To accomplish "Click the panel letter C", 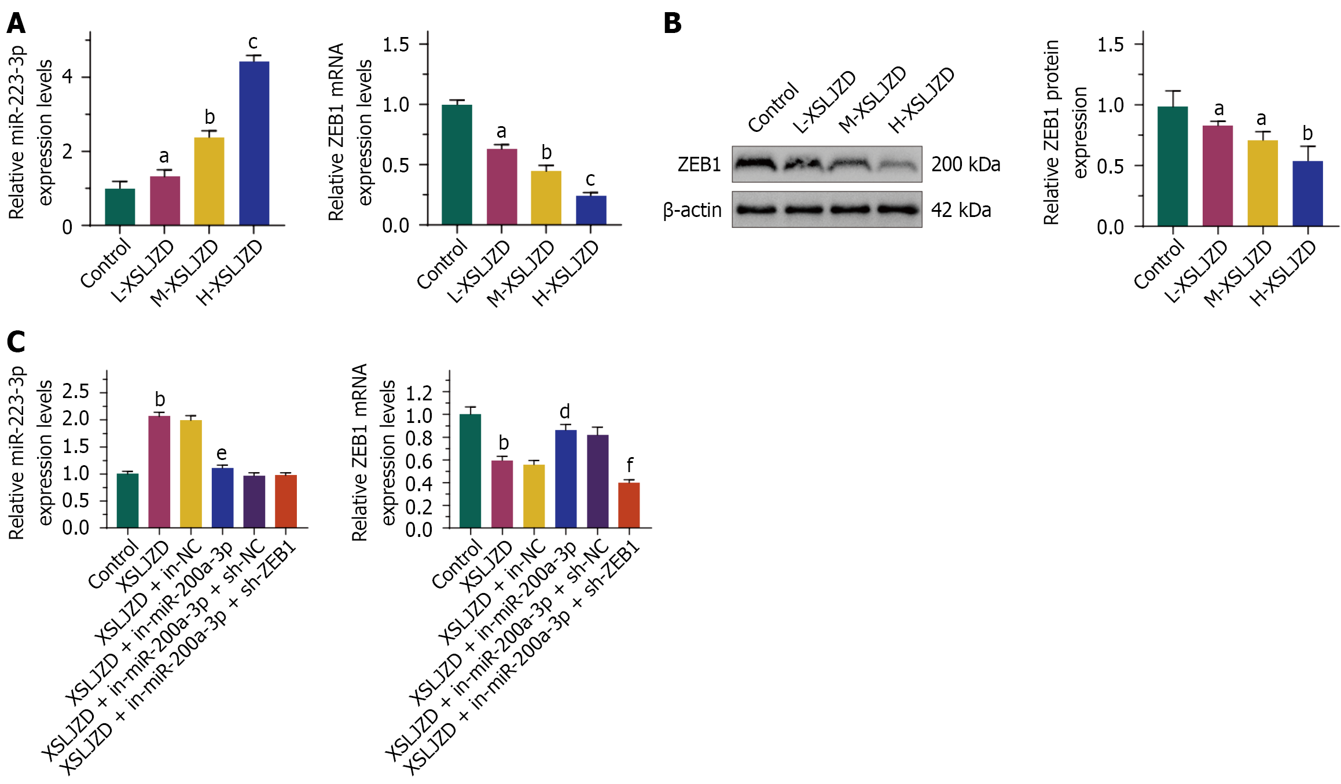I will pyautogui.click(x=16, y=341).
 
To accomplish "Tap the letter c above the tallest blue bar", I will pyautogui.click(x=253, y=42).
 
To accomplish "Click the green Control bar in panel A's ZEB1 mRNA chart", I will pyautogui.click(x=457, y=165).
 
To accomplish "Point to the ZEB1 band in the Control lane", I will pyautogui.click(x=756, y=164).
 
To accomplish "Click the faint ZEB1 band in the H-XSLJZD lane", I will pyautogui.click(x=899, y=166).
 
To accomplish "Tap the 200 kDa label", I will pyautogui.click(x=965, y=164).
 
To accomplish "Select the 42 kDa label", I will pyautogui.click(x=961, y=210).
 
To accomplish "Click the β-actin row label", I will pyautogui.click(x=692, y=210).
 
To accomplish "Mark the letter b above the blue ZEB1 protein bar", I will pyautogui.click(x=1307, y=134).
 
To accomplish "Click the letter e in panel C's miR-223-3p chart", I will pyautogui.click(x=222, y=453).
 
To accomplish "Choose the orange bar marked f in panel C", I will pyautogui.click(x=629, y=505).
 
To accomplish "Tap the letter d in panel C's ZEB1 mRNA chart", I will pyautogui.click(x=565, y=411).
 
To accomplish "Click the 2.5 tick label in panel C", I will pyautogui.click(x=76, y=391).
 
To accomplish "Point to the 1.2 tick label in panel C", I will pyautogui.click(x=419, y=393).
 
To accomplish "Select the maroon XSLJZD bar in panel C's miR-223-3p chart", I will pyautogui.click(x=159, y=472).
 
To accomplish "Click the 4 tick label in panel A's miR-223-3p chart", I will pyautogui.click(x=68, y=76).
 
